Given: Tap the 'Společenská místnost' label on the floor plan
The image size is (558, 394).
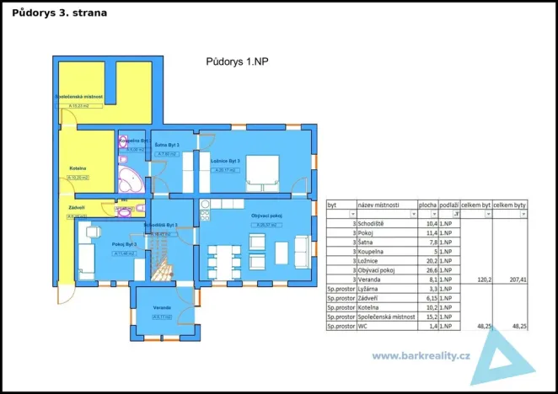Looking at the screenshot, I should point(78,97).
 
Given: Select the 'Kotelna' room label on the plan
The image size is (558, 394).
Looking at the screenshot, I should point(78,168).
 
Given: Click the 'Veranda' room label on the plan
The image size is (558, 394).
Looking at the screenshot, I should point(163,307).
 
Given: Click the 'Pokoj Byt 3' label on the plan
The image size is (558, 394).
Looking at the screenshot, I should point(124,244).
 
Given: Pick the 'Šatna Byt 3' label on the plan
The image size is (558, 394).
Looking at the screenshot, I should point(167,146).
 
